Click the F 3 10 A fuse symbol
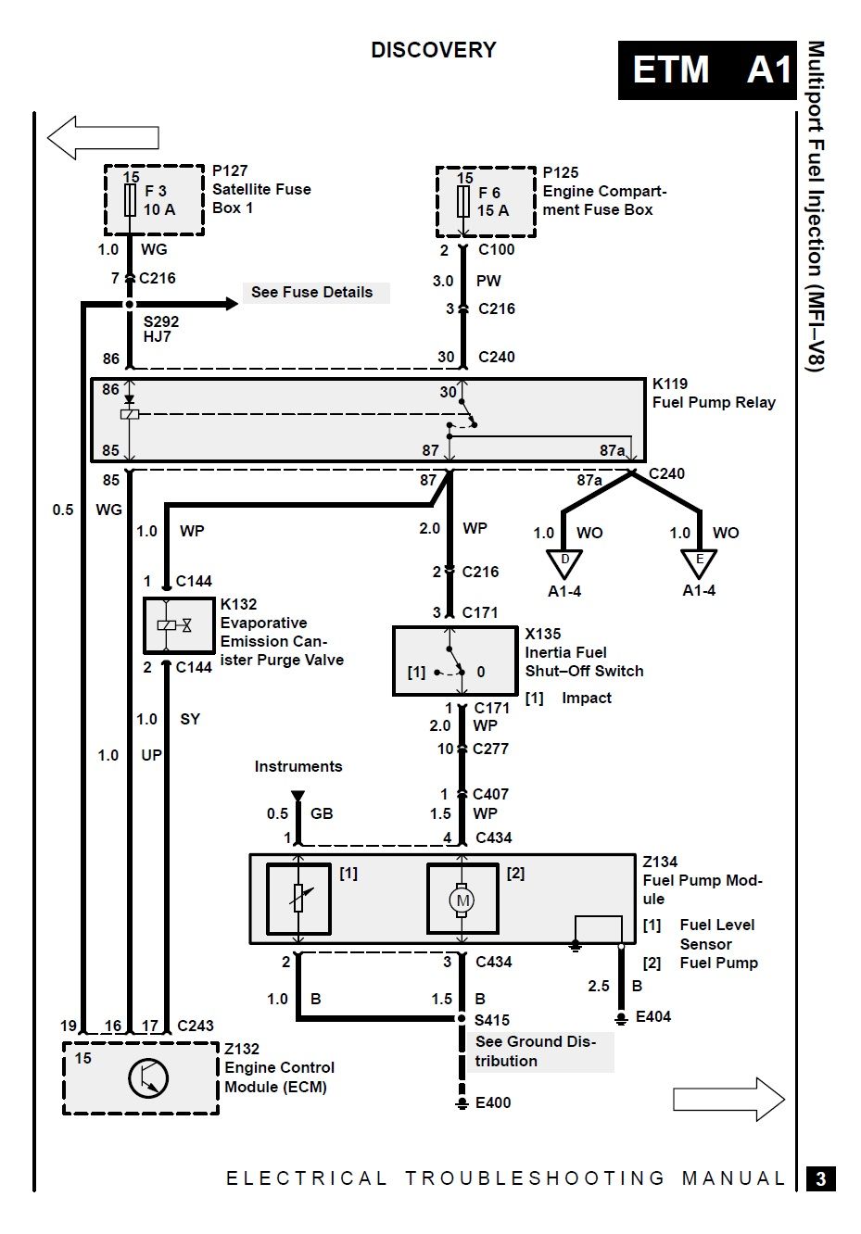[x=130, y=199]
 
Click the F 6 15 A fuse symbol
[x=463, y=202]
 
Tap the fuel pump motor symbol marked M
[x=462, y=900]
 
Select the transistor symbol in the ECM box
[x=148, y=1078]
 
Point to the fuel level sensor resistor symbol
[x=298, y=898]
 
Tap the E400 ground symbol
[x=462, y=1102]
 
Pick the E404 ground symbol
[x=621, y=1017]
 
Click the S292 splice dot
[x=130, y=304]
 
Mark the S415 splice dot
[x=462, y=1018]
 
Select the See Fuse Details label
[x=312, y=292]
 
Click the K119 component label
[x=670, y=384]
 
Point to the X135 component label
[x=542, y=634]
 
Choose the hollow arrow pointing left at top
[x=103, y=138]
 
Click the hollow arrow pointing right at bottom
[x=728, y=1099]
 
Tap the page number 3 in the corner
[x=821, y=1178]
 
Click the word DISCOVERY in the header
[x=434, y=50]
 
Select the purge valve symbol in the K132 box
[x=175, y=625]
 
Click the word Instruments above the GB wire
[x=298, y=766]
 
